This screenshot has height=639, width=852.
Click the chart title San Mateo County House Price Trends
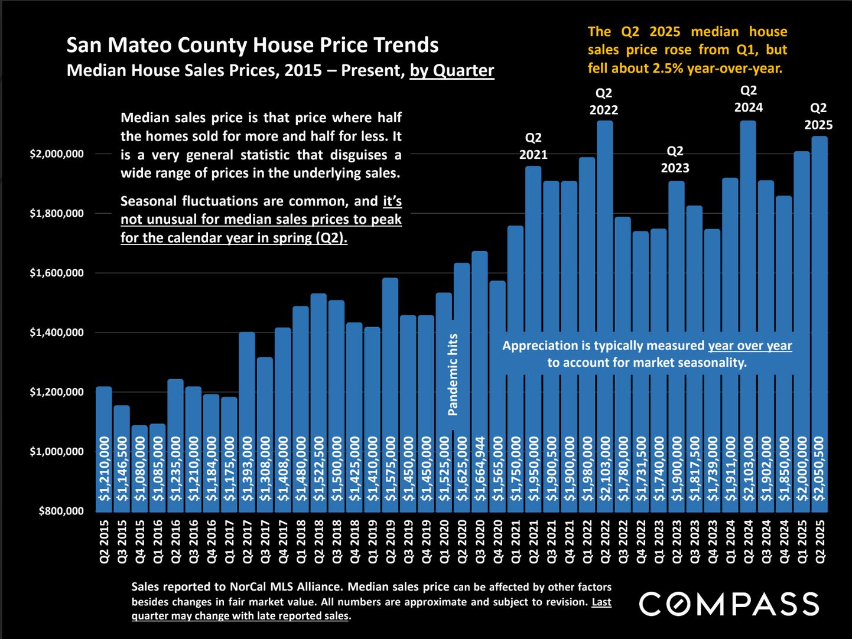pyautogui.click(x=252, y=45)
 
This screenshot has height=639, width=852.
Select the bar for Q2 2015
pyautogui.click(x=104, y=449)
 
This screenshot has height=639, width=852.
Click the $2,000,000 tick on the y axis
pyautogui.click(x=57, y=154)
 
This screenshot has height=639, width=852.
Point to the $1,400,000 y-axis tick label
pyautogui.click(x=57, y=333)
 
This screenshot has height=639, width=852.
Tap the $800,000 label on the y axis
pyautogui.click(x=61, y=511)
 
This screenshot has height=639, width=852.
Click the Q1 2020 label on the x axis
pyautogui.click(x=444, y=542)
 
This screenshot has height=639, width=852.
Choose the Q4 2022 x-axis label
pyautogui.click(x=640, y=542)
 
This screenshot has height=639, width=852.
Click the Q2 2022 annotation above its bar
pyautogui.click(x=604, y=102)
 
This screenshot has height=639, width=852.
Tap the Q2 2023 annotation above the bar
pyautogui.click(x=675, y=159)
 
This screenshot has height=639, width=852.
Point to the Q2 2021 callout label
pyautogui.click(x=533, y=146)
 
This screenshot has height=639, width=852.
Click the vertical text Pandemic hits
pyautogui.click(x=453, y=374)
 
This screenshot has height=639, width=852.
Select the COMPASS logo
pyautogui.click(x=729, y=604)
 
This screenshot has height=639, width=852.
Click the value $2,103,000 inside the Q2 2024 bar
pyautogui.click(x=748, y=469)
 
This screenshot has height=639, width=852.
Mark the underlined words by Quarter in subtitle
pyautogui.click(x=452, y=71)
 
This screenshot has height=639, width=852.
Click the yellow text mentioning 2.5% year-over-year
pyautogui.click(x=687, y=50)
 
